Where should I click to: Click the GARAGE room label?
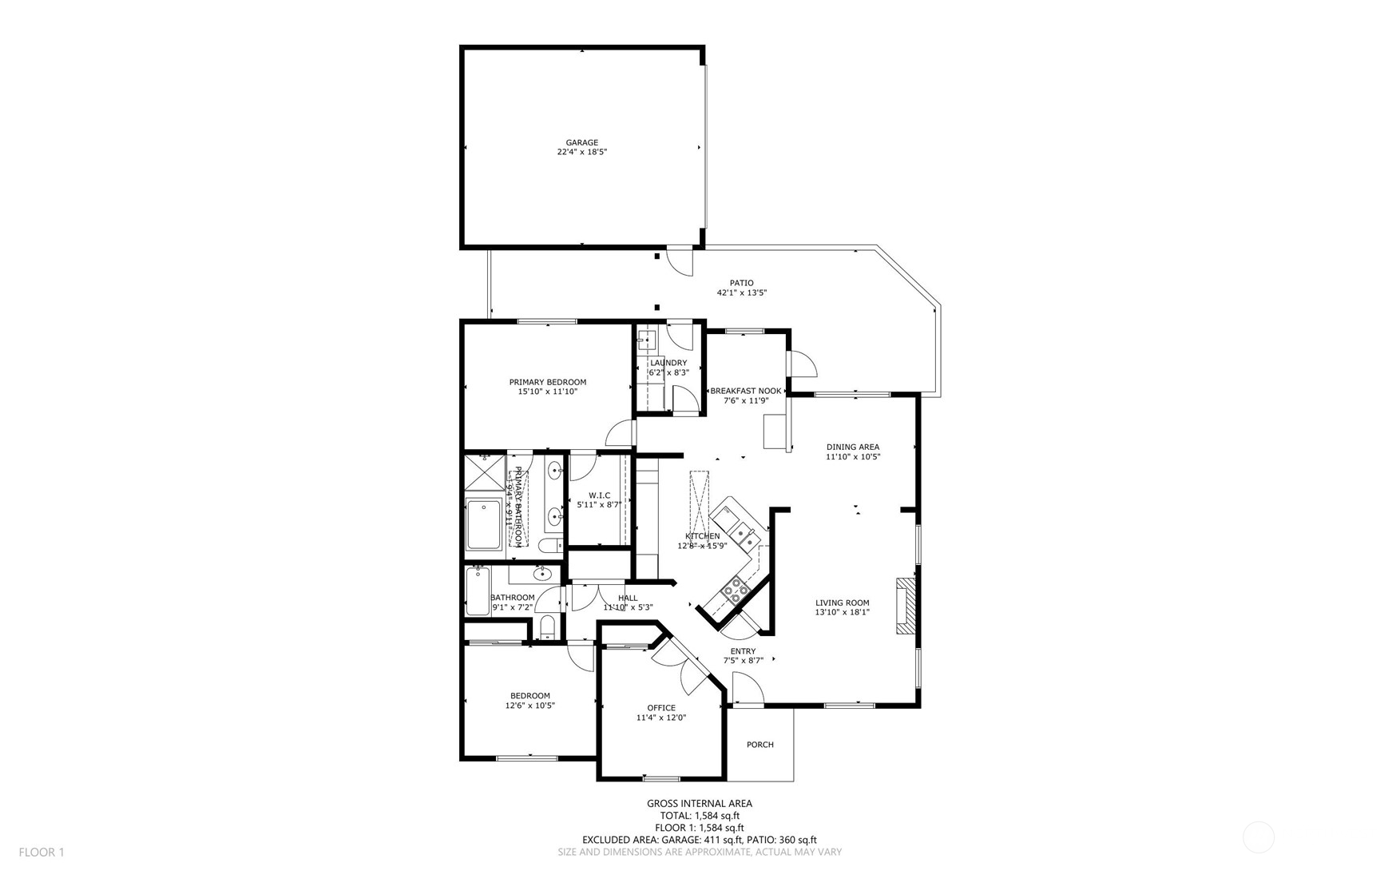click(x=582, y=142)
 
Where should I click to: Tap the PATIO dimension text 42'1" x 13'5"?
click(x=741, y=292)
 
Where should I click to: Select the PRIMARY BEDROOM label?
click(x=548, y=382)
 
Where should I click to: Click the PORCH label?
click(x=759, y=745)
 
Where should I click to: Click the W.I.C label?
click(x=599, y=495)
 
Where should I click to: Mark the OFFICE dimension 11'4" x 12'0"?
click(x=660, y=718)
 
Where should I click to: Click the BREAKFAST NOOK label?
click(x=746, y=391)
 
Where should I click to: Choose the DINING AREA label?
click(x=853, y=447)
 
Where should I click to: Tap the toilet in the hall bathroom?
click(x=547, y=627)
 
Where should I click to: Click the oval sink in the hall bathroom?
click(x=542, y=573)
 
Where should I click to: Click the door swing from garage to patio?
click(x=680, y=261)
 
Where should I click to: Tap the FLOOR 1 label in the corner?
click(x=42, y=852)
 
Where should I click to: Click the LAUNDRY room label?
click(x=668, y=363)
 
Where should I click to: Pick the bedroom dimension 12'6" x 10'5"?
click(x=529, y=706)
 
